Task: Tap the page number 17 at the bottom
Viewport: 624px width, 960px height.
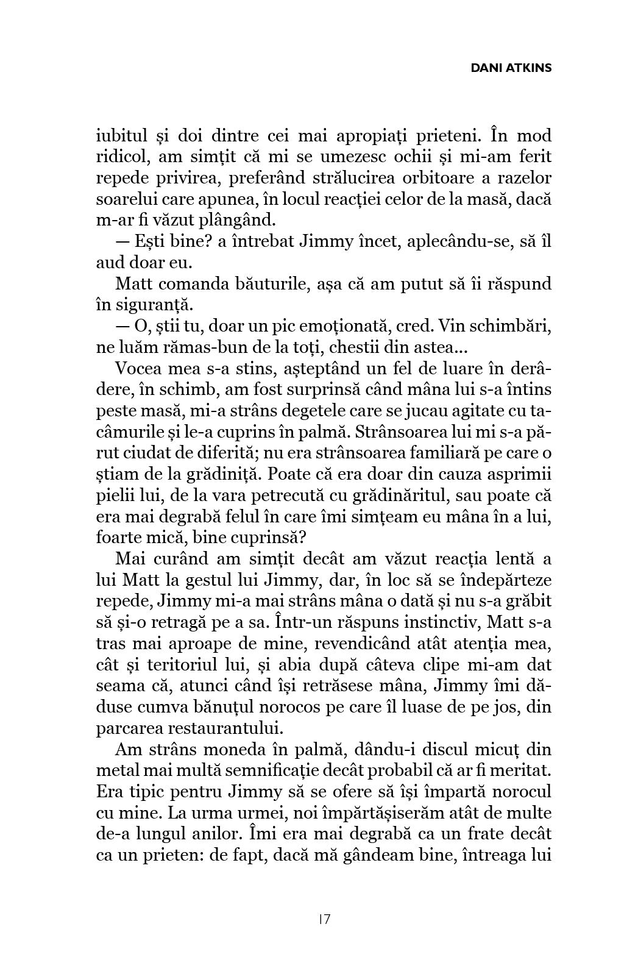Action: click(324, 919)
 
